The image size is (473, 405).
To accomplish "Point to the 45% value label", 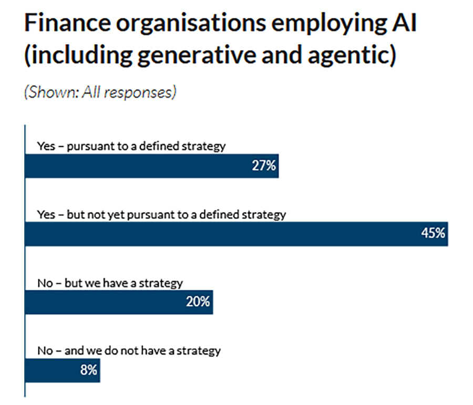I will click(x=434, y=234).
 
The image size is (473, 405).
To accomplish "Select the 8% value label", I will click(x=89, y=370).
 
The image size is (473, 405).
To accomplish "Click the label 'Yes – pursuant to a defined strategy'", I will click(x=131, y=146).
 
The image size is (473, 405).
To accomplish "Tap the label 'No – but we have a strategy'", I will click(x=110, y=283).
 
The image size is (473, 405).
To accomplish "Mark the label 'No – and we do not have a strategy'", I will click(x=129, y=350).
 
